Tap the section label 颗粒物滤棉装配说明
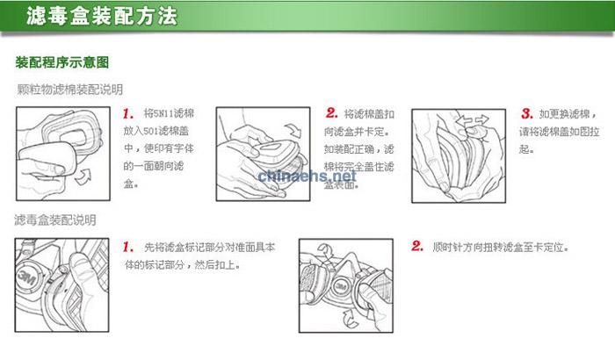click(x=69, y=90)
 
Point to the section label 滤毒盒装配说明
click(x=55, y=220)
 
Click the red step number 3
click(x=526, y=114)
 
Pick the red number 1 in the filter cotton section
click(x=128, y=114)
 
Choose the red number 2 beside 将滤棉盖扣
click(x=331, y=114)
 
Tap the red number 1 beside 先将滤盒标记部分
click(x=128, y=247)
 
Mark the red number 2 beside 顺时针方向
click(x=417, y=247)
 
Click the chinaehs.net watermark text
click(x=307, y=176)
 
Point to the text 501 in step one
click(x=151, y=132)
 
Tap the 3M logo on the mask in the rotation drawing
click(x=338, y=287)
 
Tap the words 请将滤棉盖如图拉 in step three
click(x=562, y=132)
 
